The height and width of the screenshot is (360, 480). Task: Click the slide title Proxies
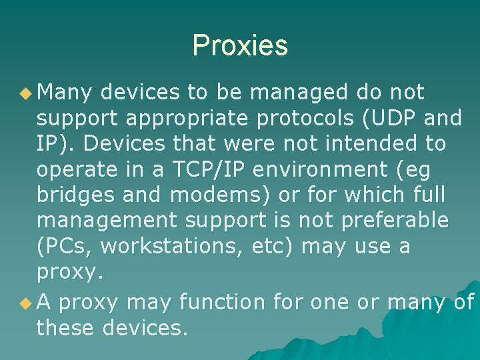(x=240, y=45)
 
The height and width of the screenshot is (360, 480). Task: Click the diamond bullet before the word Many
(x=27, y=93)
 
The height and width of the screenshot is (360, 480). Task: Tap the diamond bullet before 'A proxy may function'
(x=27, y=303)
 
